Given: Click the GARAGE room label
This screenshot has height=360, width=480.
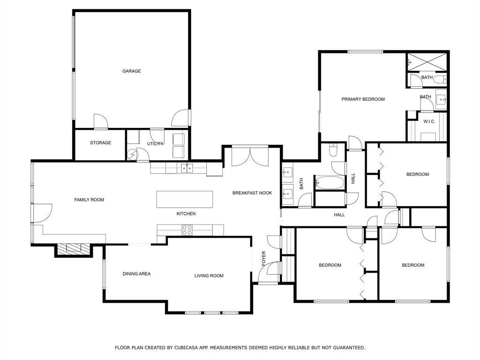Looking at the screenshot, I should [x=131, y=71].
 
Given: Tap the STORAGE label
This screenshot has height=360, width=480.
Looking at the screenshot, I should [x=100, y=142].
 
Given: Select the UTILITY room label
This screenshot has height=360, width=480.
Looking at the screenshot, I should [x=155, y=143].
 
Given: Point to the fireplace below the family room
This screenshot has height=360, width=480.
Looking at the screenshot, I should [x=73, y=248].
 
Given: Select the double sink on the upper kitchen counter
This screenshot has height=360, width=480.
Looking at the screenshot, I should [x=187, y=168].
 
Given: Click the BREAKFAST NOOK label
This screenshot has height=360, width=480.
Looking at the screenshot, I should [x=252, y=193].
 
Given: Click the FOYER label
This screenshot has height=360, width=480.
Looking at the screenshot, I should [x=263, y=259].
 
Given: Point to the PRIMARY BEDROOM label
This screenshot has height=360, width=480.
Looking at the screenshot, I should [x=363, y=99].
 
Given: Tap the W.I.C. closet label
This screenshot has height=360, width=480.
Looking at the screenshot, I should [x=429, y=121].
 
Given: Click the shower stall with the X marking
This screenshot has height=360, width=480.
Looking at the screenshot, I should [x=427, y=60].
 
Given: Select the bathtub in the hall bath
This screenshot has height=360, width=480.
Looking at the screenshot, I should [x=330, y=182].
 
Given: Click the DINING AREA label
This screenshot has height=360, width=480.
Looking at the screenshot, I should [x=136, y=274].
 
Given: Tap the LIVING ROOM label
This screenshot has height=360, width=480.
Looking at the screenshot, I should [x=209, y=276].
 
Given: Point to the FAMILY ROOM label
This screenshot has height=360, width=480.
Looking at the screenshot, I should [x=89, y=200].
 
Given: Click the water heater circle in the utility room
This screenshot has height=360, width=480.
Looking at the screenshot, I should [x=132, y=154].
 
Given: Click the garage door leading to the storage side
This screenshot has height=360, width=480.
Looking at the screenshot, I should [x=100, y=122].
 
